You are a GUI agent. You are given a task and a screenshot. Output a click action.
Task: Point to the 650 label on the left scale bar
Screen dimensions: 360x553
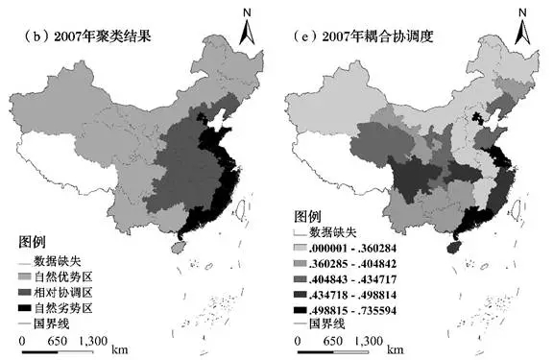[x=58, y=339]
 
